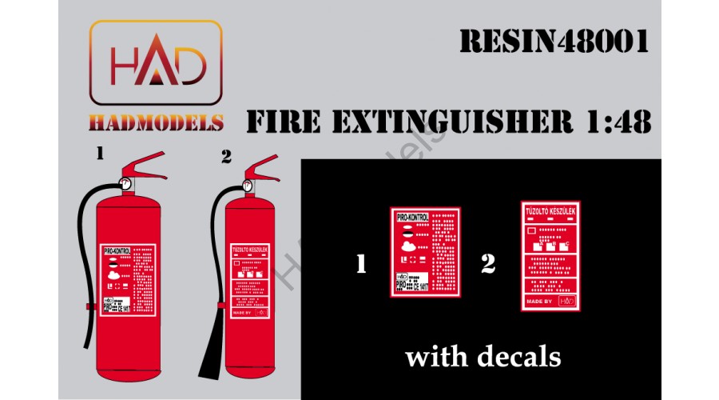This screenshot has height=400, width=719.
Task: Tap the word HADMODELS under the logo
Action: [x=155, y=122]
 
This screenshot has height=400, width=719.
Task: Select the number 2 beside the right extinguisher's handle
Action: [x=225, y=158]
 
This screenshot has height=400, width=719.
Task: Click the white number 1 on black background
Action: [x=361, y=264]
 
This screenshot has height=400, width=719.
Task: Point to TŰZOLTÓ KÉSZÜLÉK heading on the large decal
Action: [x=550, y=211]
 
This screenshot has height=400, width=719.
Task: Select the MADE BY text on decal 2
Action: [x=539, y=301]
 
